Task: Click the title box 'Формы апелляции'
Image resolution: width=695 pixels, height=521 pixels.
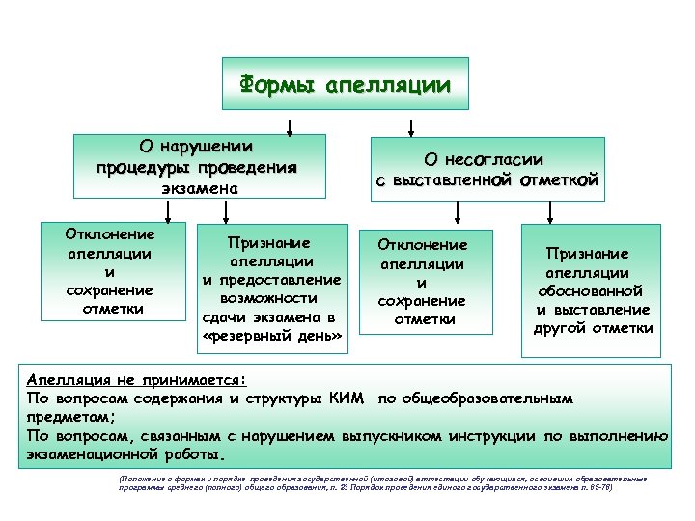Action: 345,85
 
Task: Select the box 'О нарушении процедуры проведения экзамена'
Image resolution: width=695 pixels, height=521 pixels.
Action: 198,168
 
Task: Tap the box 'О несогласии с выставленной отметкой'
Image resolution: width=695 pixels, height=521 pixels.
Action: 487,170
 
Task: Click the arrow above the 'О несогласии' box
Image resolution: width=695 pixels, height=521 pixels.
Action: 411,127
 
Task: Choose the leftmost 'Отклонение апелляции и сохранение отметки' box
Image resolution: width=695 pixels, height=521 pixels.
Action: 111,271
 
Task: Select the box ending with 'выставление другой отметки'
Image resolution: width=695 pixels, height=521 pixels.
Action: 592,289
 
